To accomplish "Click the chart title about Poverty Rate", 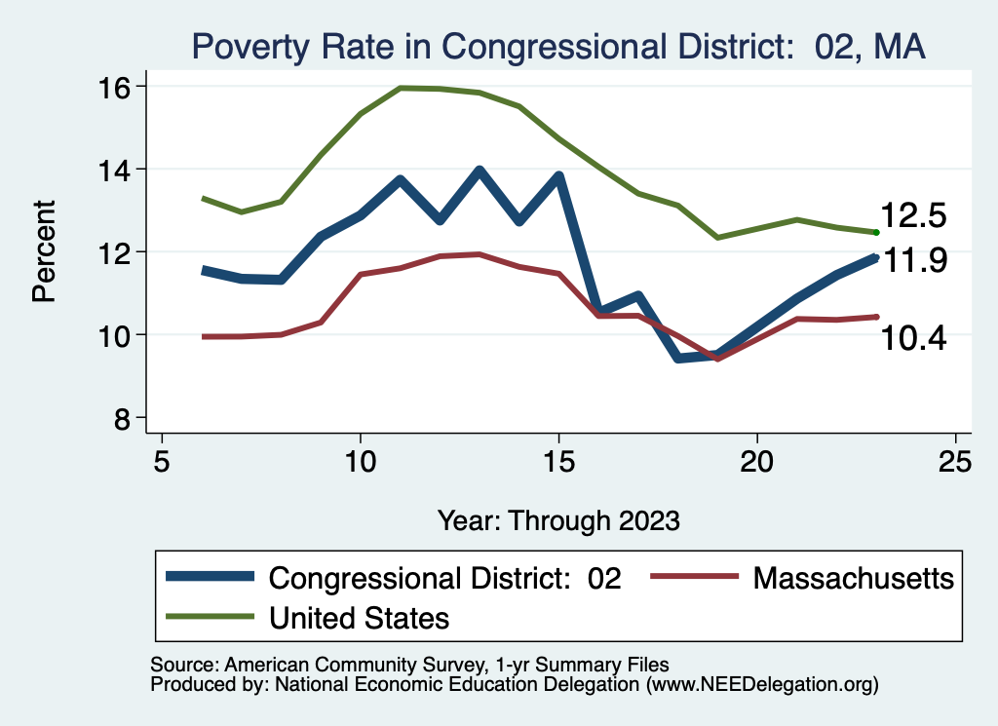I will coord(557,46).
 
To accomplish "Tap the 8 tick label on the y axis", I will coord(122,418).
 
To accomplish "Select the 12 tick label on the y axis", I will coord(115,252).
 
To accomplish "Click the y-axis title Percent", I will coord(45,251).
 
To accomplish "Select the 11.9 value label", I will coord(913,261).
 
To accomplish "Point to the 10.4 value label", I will coord(913,338).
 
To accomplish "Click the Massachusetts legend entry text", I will coord(853,578).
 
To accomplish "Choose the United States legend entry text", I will coord(359,617).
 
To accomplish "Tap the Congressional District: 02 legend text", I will coord(444,578).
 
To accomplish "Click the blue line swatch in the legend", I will coord(211,578).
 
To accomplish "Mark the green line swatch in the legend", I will coord(211,617).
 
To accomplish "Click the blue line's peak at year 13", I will coord(480,171).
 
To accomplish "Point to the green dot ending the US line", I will coord(876,232).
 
